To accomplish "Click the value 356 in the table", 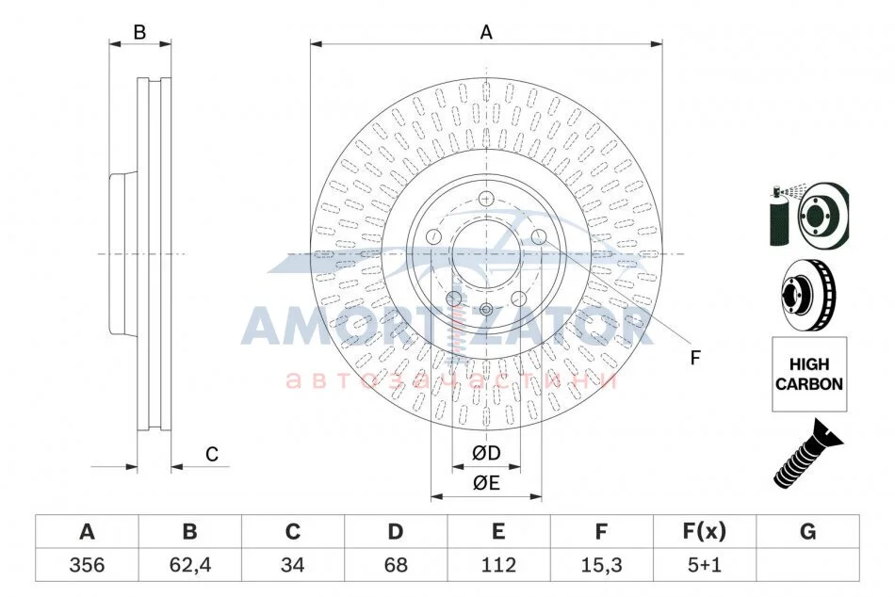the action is (87, 565).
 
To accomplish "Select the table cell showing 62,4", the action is (190, 565).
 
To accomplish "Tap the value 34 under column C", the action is (292, 565).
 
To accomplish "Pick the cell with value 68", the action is (396, 565).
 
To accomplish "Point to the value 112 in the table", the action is (498, 565).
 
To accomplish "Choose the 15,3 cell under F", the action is (601, 565).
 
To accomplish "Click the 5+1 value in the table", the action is (705, 565).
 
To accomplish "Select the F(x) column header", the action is (705, 532).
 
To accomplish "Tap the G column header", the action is (807, 532).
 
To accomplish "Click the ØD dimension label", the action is (486, 453).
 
